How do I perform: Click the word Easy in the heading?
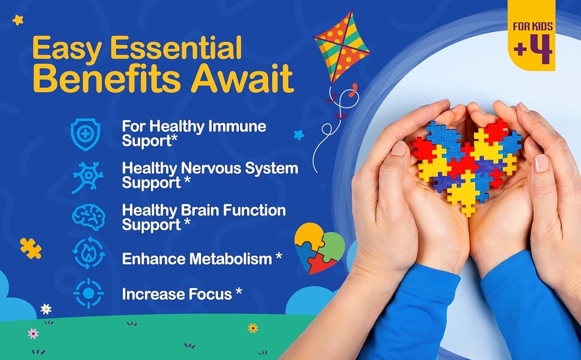(63, 50)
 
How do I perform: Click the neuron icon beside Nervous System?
(87, 176)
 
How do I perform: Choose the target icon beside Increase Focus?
(88, 294)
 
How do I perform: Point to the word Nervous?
(212, 168)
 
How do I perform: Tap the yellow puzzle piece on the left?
(31, 248)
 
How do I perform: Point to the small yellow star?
(18, 20)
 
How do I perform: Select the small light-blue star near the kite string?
(299, 135)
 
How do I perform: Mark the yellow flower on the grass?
(252, 328)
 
